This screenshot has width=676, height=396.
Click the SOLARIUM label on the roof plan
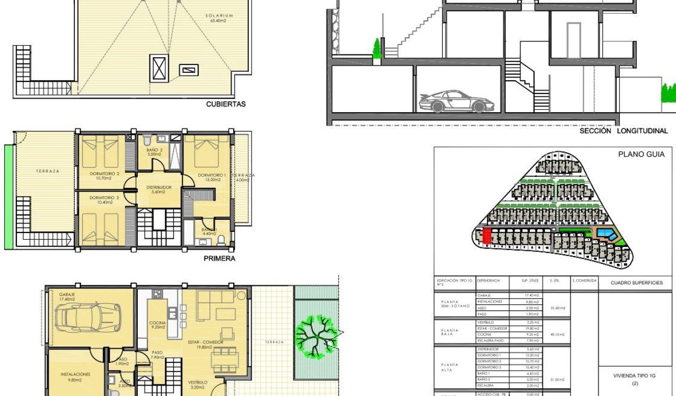click(219, 16)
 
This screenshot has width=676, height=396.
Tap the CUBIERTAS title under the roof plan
click(226, 104)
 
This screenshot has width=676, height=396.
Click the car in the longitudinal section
click(452, 102)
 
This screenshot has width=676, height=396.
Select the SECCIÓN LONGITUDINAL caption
click(624, 131)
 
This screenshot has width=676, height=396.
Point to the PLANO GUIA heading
click(641, 154)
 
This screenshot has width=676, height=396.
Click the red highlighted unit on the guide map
click(487, 236)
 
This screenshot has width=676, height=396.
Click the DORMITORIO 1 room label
click(212, 175)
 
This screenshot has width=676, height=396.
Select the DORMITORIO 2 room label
click(104, 174)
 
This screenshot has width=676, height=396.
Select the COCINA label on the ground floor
click(157, 323)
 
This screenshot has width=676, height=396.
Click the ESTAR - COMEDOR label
click(205, 342)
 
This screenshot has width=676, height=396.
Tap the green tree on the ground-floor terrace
click(315, 334)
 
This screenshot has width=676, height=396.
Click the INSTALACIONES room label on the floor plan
click(75, 374)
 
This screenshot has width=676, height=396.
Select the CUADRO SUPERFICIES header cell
click(636, 283)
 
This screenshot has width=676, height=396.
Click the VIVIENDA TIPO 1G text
click(635, 376)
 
